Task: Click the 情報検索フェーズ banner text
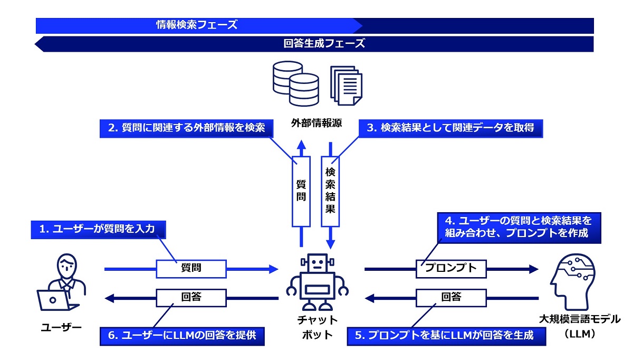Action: (x=196, y=25)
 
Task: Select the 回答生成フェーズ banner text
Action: (x=324, y=44)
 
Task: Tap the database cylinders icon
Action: (x=295, y=84)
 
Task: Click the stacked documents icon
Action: (x=347, y=85)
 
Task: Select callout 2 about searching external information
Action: (x=186, y=128)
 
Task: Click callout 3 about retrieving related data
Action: (x=451, y=128)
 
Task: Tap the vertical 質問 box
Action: (x=301, y=192)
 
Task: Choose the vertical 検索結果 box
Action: (x=331, y=192)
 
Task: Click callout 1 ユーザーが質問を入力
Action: (x=99, y=230)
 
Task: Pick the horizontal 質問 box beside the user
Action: (x=191, y=269)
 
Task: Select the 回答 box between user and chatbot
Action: (x=191, y=298)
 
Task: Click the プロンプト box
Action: (x=451, y=269)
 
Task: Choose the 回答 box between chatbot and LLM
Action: (x=451, y=298)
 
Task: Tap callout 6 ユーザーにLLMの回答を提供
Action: (x=181, y=336)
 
